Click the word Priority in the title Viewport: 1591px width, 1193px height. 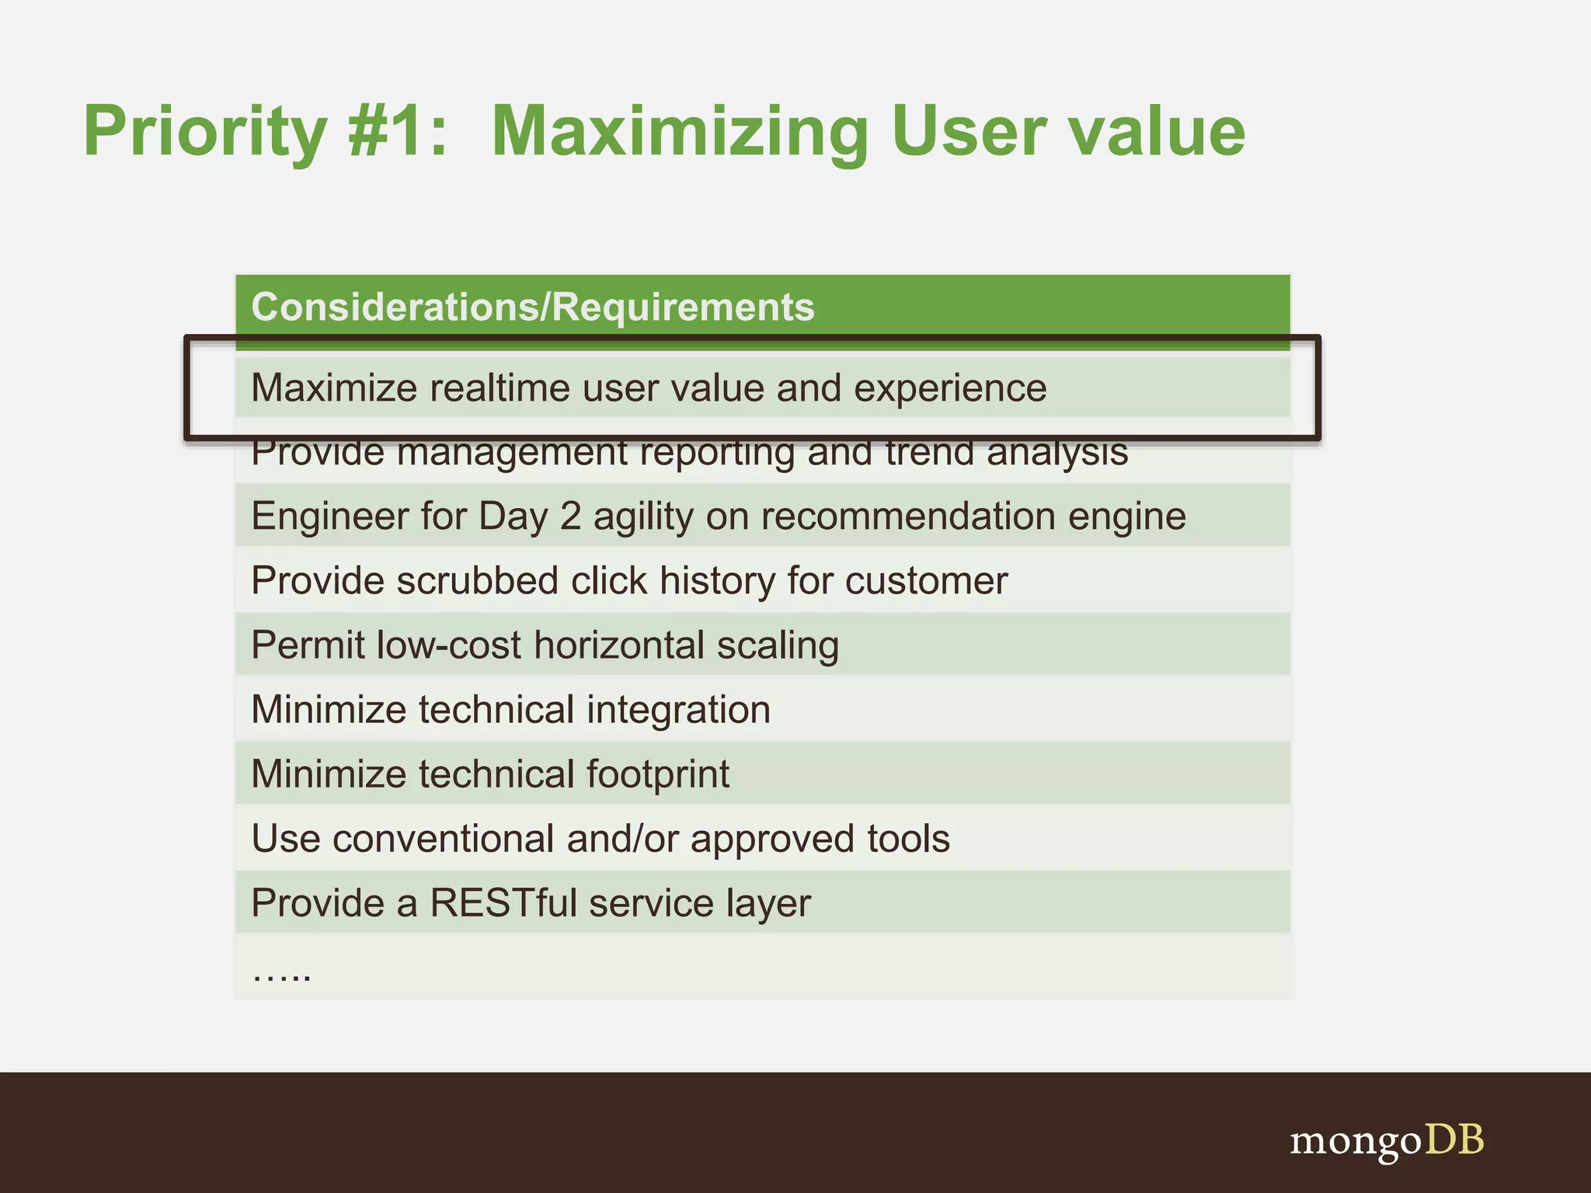pos(205,132)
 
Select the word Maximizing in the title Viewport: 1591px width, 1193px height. pos(680,132)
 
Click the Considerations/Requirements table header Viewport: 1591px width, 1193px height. pos(533,307)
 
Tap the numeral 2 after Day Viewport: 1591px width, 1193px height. pos(570,517)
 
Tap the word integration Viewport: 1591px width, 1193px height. pos(678,710)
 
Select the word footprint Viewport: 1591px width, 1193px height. pos(657,774)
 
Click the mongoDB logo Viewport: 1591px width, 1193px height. pos(1387,1140)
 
